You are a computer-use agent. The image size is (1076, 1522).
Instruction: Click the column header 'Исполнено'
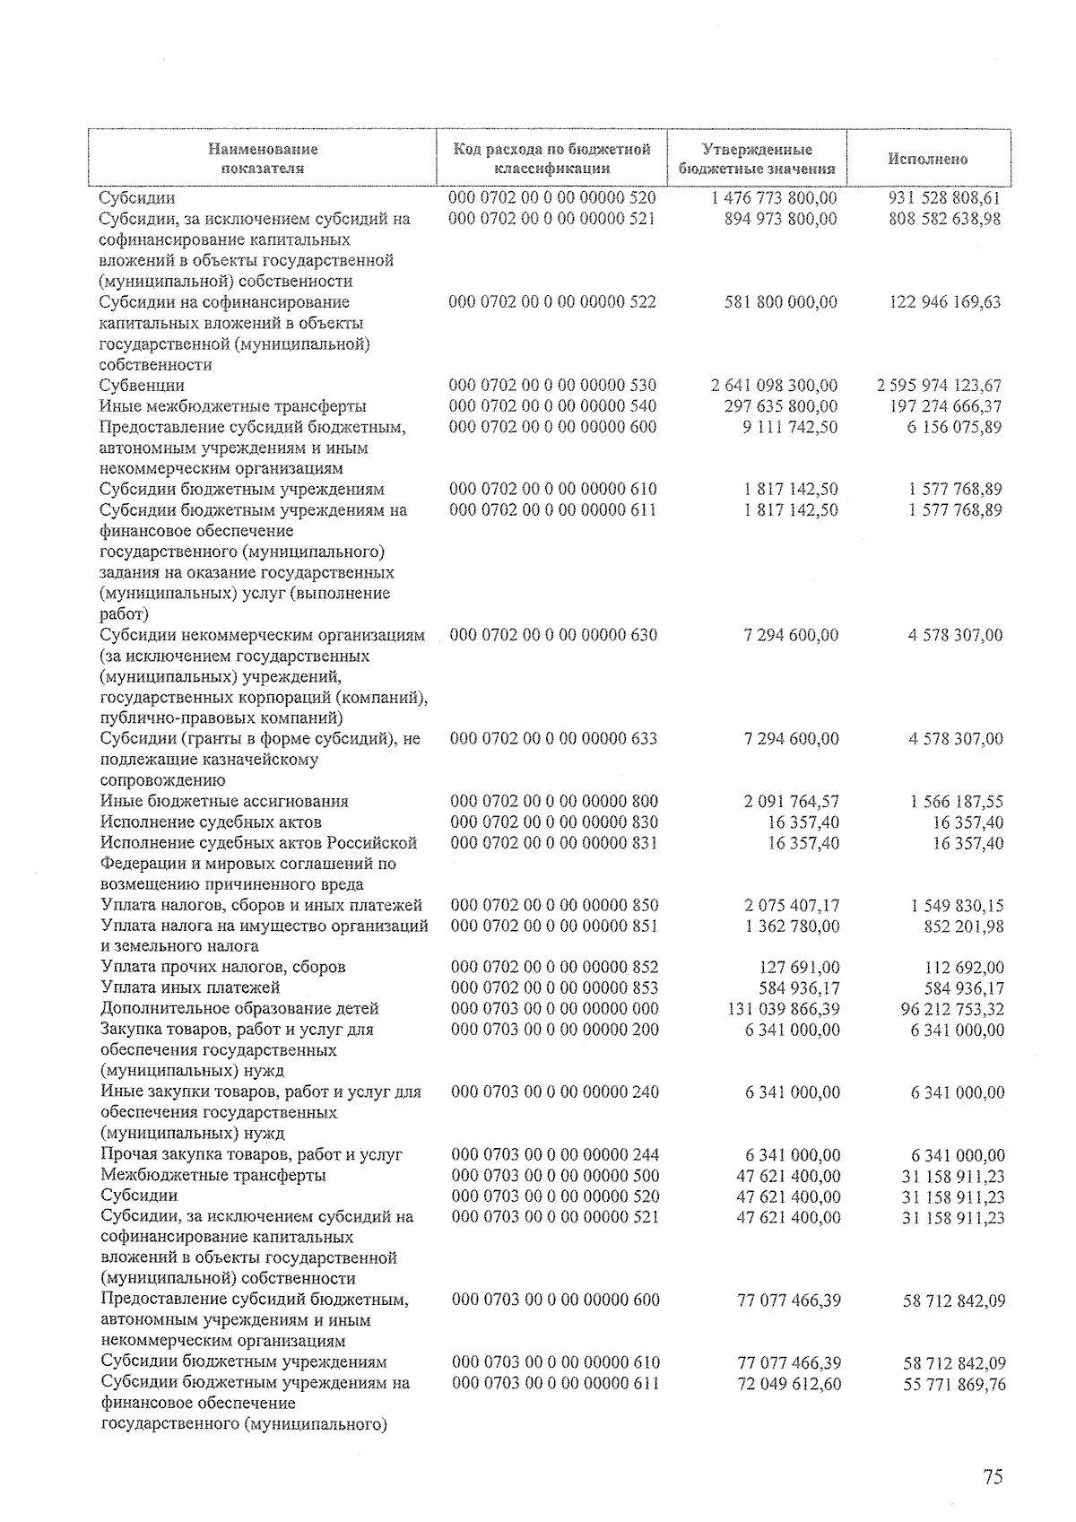(928, 159)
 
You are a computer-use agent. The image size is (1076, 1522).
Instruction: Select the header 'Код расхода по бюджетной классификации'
(551, 159)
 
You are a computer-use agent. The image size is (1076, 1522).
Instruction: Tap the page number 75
(992, 1478)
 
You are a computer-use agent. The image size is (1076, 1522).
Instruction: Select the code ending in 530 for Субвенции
(552, 386)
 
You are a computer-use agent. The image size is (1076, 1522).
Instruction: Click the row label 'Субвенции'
(143, 386)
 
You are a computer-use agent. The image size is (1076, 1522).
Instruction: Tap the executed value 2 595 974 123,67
(939, 386)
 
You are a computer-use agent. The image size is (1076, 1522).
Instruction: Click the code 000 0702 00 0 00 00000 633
(553, 739)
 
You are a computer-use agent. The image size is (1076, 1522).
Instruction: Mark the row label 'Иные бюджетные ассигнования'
(224, 801)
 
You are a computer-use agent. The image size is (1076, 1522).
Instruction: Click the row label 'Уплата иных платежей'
(190, 987)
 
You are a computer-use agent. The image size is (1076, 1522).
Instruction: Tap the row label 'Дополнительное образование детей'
(239, 1008)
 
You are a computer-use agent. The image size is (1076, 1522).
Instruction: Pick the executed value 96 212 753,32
(946, 1009)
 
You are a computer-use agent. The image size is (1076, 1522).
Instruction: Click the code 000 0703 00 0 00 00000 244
(555, 1154)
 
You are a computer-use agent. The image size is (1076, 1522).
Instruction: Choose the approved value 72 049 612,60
(788, 1384)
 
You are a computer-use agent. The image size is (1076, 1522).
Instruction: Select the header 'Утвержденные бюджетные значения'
(758, 159)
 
